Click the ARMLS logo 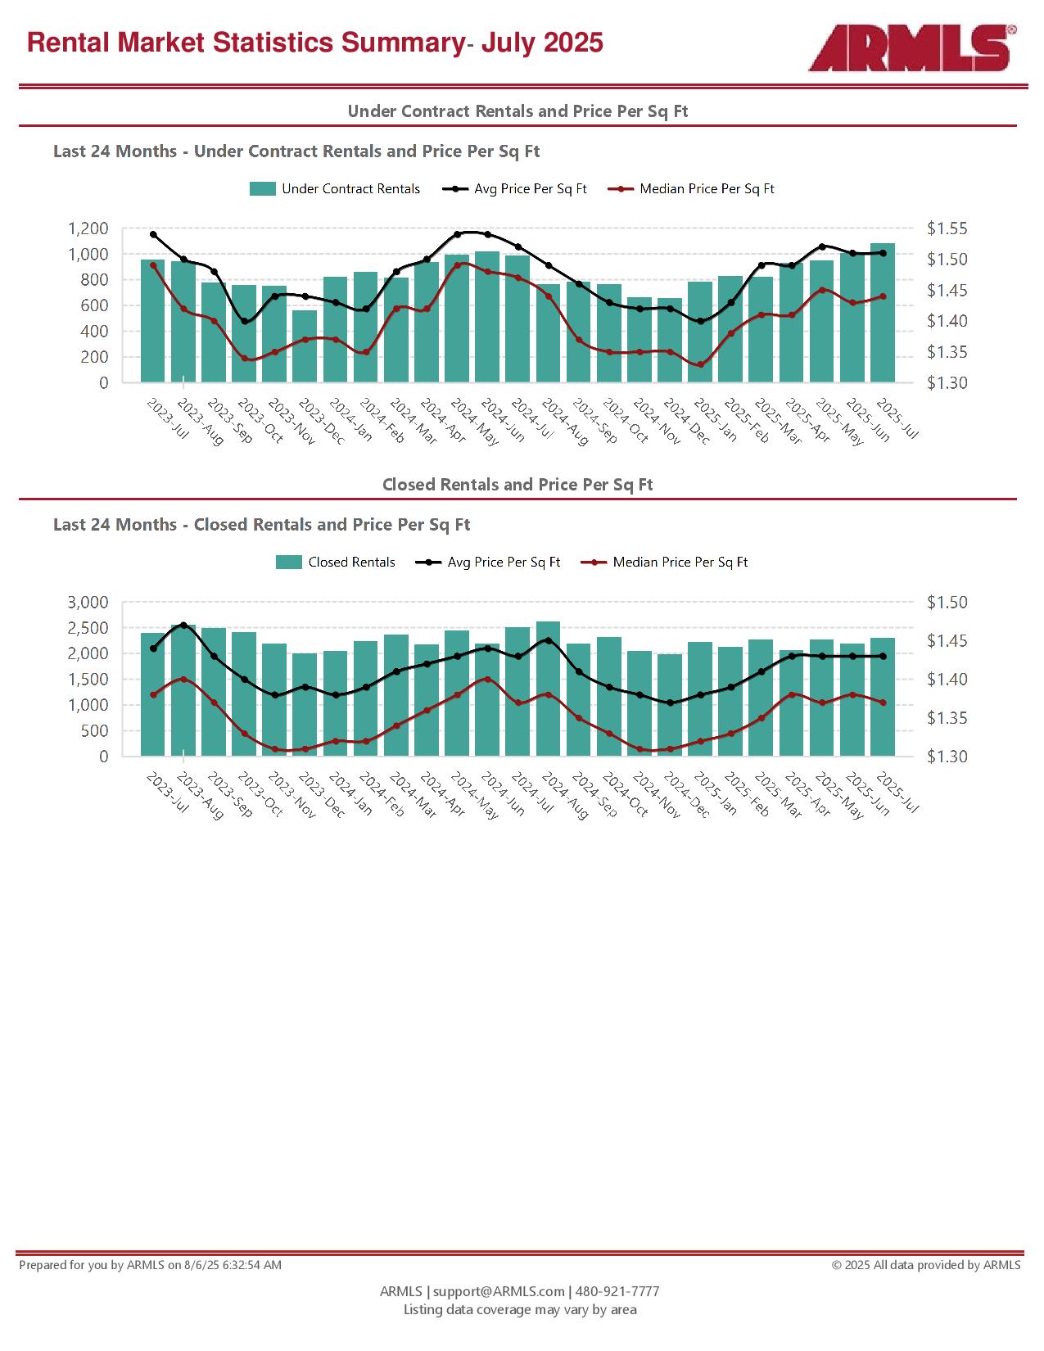pos(912,47)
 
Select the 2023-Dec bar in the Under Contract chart pos(305,346)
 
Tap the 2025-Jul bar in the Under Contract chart pos(883,313)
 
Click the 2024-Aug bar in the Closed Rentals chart pos(548,689)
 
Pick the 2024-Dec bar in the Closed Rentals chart pos(670,705)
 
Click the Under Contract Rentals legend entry pos(335,189)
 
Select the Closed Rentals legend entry pos(335,562)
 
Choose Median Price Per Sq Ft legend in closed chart pos(664,562)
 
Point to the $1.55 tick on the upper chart pos(947,228)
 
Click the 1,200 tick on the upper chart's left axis pos(88,228)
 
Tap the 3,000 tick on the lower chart pos(88,602)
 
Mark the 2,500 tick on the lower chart pos(88,628)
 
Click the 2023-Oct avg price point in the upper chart pos(244,322)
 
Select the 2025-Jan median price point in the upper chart pos(700,364)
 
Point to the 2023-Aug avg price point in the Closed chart pos(183,625)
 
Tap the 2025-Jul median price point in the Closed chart pos(883,703)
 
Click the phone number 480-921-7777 pos(617,1291)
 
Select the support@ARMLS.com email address pos(499,1291)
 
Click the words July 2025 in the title pos(542,43)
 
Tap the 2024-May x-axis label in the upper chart pos(474,422)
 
